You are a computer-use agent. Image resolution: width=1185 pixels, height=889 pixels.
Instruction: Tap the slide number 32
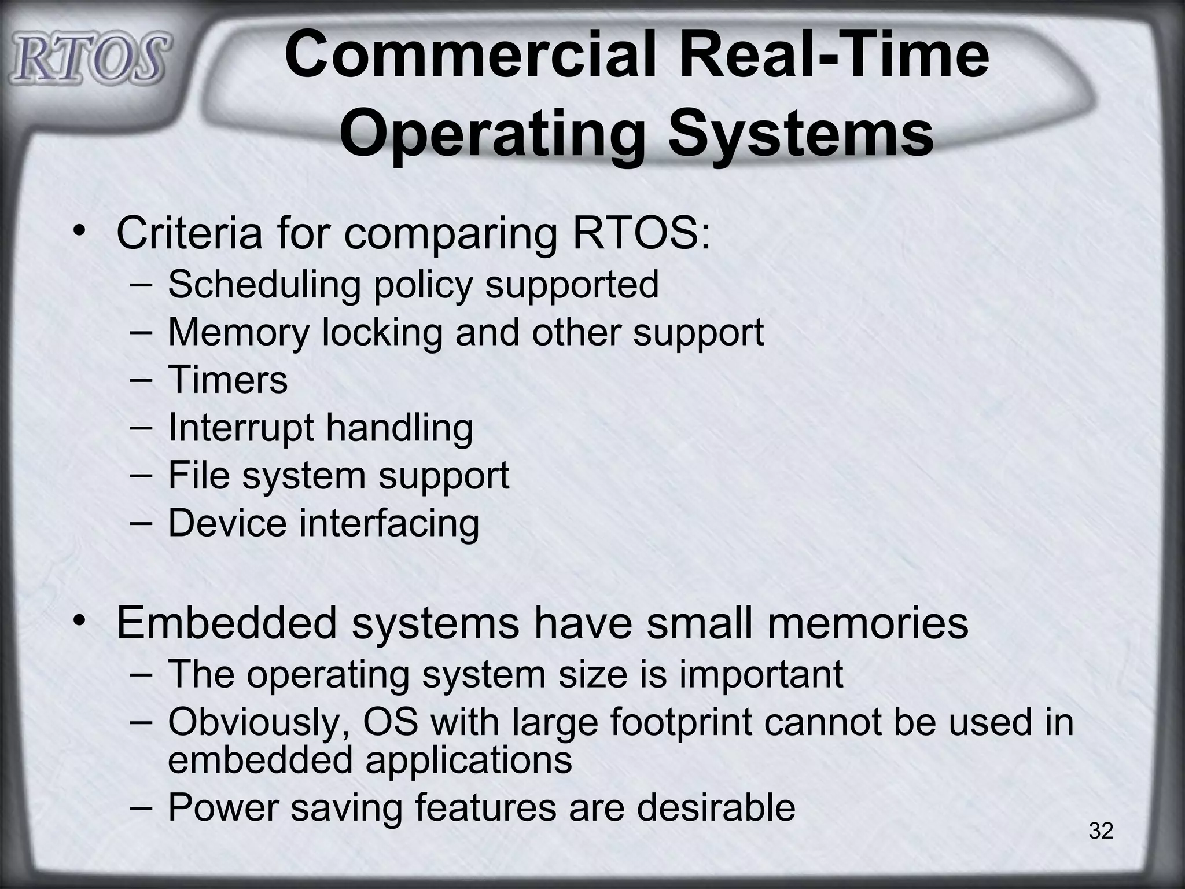coord(1101,831)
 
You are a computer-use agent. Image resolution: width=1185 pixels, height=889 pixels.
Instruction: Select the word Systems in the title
coord(802,135)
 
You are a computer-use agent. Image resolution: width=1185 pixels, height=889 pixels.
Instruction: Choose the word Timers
coord(227,380)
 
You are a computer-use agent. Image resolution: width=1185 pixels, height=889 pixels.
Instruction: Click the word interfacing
coord(389,523)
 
